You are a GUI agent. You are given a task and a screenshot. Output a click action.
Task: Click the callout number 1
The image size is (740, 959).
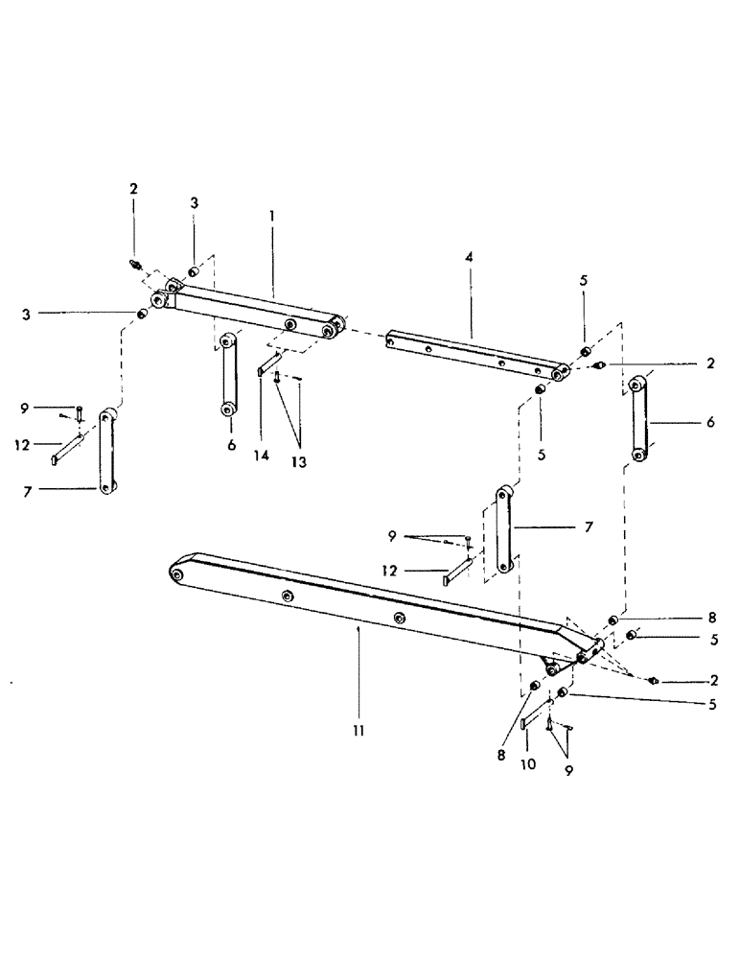pyautogui.click(x=272, y=218)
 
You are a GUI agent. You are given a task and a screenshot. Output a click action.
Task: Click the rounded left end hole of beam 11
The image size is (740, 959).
pyautogui.click(x=177, y=573)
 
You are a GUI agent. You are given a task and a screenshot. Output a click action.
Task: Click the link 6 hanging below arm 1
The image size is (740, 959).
pyautogui.click(x=228, y=375)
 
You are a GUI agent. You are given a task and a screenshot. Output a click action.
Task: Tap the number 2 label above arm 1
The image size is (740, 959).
pyautogui.click(x=133, y=189)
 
